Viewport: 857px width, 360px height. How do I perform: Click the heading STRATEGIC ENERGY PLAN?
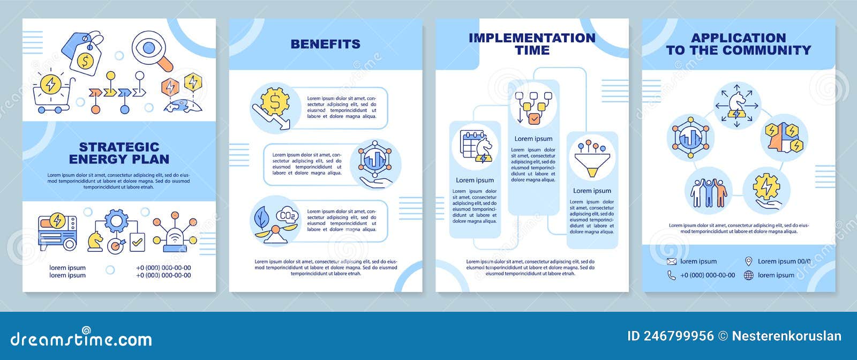tap(119, 153)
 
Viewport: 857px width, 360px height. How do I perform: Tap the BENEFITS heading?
tap(325, 44)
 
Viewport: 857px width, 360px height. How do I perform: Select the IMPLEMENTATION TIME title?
tap(532, 44)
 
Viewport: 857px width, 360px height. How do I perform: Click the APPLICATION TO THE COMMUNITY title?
tap(738, 44)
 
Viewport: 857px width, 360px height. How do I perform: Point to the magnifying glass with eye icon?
tap(152, 51)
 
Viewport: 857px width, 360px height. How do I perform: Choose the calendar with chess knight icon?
tap(476, 146)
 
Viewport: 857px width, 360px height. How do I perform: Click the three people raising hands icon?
tap(708, 191)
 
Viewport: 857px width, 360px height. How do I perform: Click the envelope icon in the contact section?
tap(672, 261)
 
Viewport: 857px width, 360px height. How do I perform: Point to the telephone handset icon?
tap(672, 275)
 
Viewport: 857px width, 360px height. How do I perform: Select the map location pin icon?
tap(749, 261)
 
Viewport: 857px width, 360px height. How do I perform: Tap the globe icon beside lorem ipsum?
tap(749, 275)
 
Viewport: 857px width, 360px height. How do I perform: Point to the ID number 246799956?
tap(671, 336)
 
